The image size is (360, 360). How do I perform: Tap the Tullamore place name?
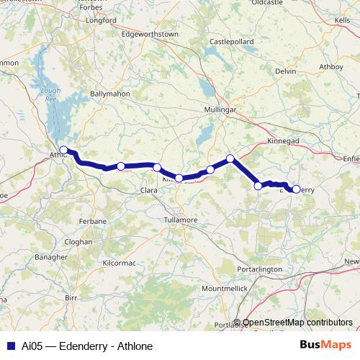point(180,219)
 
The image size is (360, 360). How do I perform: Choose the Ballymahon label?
point(109,94)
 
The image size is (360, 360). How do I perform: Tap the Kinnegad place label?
point(283,141)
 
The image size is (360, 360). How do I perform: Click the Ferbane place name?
point(94,220)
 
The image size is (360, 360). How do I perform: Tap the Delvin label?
point(285,71)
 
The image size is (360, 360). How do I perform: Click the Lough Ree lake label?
point(51,94)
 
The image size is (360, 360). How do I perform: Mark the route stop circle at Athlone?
point(63,150)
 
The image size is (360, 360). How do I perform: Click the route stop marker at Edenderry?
point(296,189)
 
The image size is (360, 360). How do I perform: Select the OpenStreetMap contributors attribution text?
point(297,323)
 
